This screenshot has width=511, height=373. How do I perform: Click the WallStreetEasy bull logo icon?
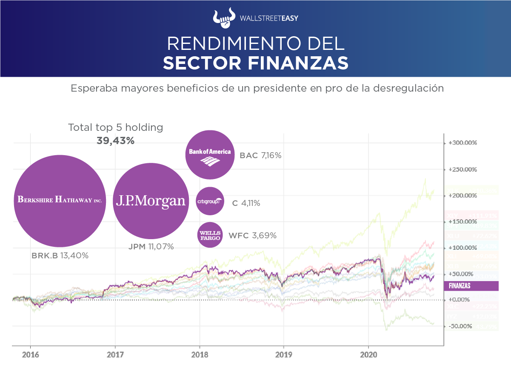224,17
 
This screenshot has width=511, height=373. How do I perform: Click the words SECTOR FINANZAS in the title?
255,62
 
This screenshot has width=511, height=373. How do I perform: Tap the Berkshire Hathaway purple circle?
60,200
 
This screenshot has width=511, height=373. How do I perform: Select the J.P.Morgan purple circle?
151,201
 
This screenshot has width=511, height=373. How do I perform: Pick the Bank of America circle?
209,154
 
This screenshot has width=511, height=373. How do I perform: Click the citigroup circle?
209,201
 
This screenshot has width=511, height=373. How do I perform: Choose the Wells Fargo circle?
210,234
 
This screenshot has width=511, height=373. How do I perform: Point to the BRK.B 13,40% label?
60,256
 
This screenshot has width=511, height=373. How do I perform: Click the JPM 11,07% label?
151,246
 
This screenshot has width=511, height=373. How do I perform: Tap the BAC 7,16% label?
260,156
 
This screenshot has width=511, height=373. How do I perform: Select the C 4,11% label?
246,203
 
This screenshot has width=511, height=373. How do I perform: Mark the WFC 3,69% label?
252,235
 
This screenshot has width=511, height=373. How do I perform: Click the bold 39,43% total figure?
116,141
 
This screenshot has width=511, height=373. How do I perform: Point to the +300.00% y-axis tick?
462,143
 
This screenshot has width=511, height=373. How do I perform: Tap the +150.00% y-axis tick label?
462,222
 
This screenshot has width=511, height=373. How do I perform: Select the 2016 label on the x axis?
30,355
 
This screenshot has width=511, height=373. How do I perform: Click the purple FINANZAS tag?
471,286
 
